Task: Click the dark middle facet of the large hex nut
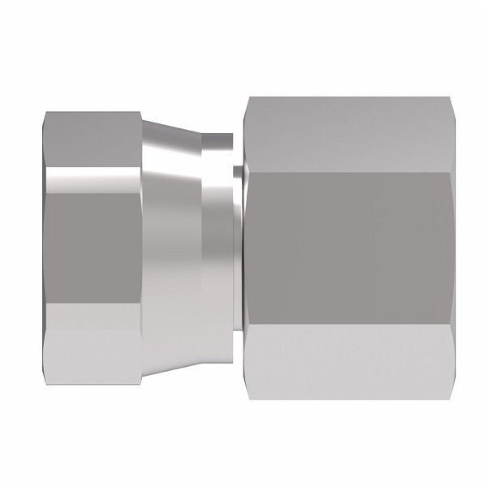click(x=341, y=248)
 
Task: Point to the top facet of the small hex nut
click(x=89, y=142)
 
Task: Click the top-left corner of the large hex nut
click(x=248, y=100)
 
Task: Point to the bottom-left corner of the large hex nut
click(x=248, y=398)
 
